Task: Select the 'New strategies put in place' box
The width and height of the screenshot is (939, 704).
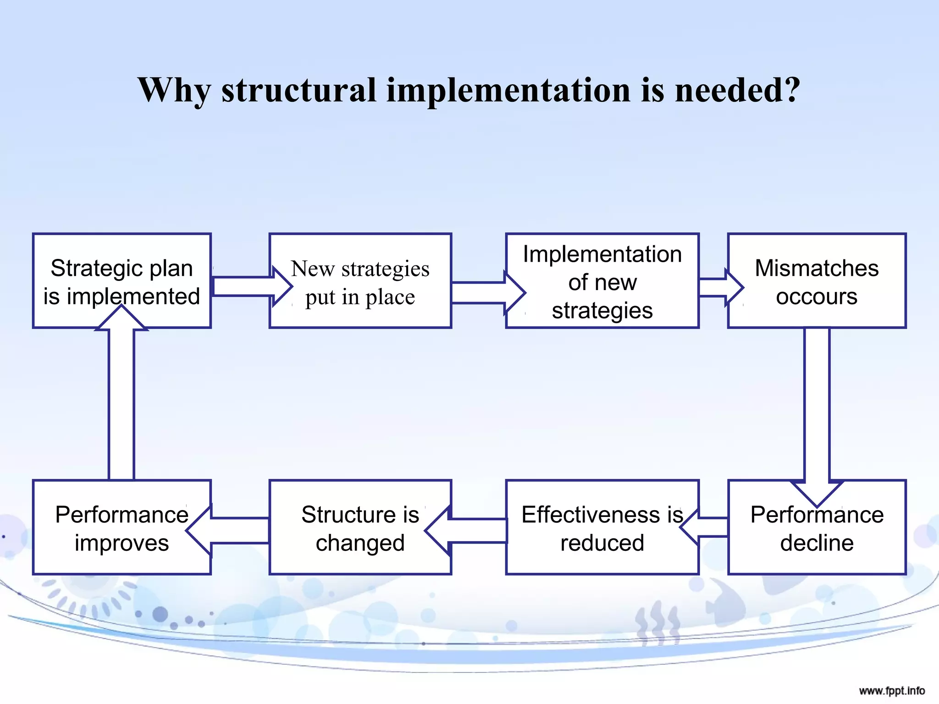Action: (360, 280)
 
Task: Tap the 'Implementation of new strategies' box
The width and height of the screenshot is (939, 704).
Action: (602, 280)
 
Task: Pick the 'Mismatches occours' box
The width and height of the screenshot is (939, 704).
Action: (817, 280)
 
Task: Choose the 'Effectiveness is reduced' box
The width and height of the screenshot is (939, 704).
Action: (602, 527)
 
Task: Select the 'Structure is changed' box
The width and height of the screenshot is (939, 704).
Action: (360, 527)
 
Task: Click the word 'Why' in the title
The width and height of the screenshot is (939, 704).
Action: (174, 90)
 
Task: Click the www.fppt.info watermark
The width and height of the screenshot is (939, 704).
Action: (891, 691)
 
